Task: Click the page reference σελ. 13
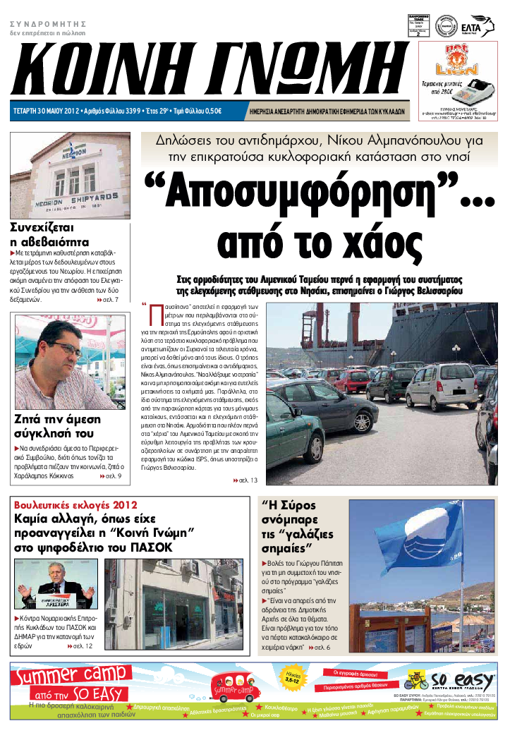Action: coord(246,480)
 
